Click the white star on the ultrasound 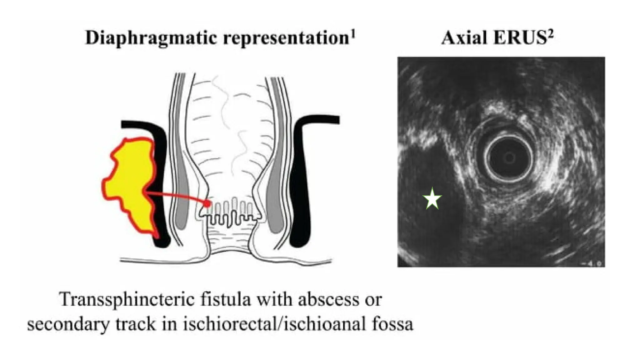[x=432, y=198]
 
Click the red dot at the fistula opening [x=207, y=204]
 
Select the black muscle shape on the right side [x=305, y=175]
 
